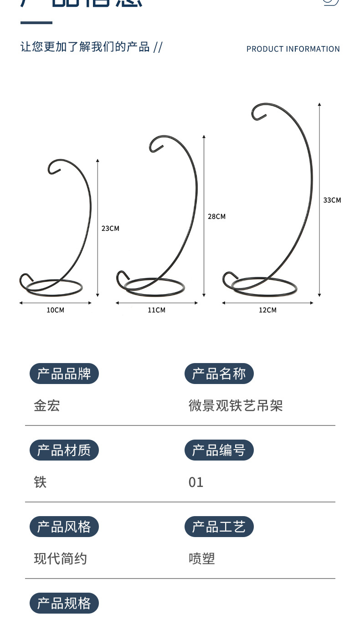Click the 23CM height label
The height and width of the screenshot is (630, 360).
click(110, 228)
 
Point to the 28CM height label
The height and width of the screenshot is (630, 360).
click(216, 216)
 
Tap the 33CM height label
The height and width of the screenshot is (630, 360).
click(332, 200)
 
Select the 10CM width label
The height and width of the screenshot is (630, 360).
click(56, 310)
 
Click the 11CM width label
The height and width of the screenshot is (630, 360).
click(156, 310)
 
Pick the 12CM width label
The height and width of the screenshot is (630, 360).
click(267, 310)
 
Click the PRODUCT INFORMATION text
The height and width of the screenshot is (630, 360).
click(293, 49)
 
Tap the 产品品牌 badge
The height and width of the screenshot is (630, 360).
click(64, 374)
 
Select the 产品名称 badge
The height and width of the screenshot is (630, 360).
click(219, 374)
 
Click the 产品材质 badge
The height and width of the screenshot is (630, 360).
click(64, 451)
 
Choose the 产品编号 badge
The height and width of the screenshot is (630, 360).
click(219, 451)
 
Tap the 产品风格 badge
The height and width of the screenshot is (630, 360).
click(64, 527)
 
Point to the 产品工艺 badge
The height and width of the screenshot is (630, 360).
click(219, 527)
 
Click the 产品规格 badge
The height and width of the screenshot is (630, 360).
click(64, 604)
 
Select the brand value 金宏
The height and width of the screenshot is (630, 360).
click(47, 405)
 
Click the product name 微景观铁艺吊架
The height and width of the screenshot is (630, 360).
click(236, 405)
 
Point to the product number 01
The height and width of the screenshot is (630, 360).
click(196, 482)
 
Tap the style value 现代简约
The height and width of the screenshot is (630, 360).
click(60, 558)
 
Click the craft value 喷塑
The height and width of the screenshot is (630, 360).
click(201, 558)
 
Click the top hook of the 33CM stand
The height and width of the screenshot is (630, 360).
click(258, 112)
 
